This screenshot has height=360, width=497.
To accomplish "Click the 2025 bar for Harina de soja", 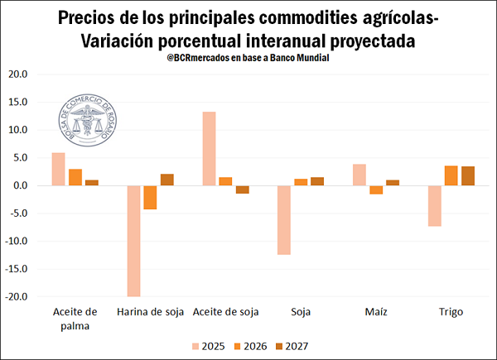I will (133, 241).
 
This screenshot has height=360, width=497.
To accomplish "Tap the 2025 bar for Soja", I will (284, 220).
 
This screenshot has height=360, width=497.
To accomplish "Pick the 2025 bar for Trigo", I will (435, 206).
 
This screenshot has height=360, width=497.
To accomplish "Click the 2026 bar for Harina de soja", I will (150, 198).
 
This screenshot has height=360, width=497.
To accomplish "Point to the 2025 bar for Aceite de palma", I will (58, 169).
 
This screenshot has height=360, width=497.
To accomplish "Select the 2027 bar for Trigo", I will (468, 176).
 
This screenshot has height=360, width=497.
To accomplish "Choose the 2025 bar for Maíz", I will (359, 175).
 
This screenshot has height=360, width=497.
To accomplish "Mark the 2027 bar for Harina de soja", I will (167, 180).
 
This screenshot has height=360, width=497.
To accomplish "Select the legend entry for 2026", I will (248, 346).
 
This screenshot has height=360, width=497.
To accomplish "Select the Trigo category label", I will (451, 312).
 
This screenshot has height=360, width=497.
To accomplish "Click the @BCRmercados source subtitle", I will (248, 58).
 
